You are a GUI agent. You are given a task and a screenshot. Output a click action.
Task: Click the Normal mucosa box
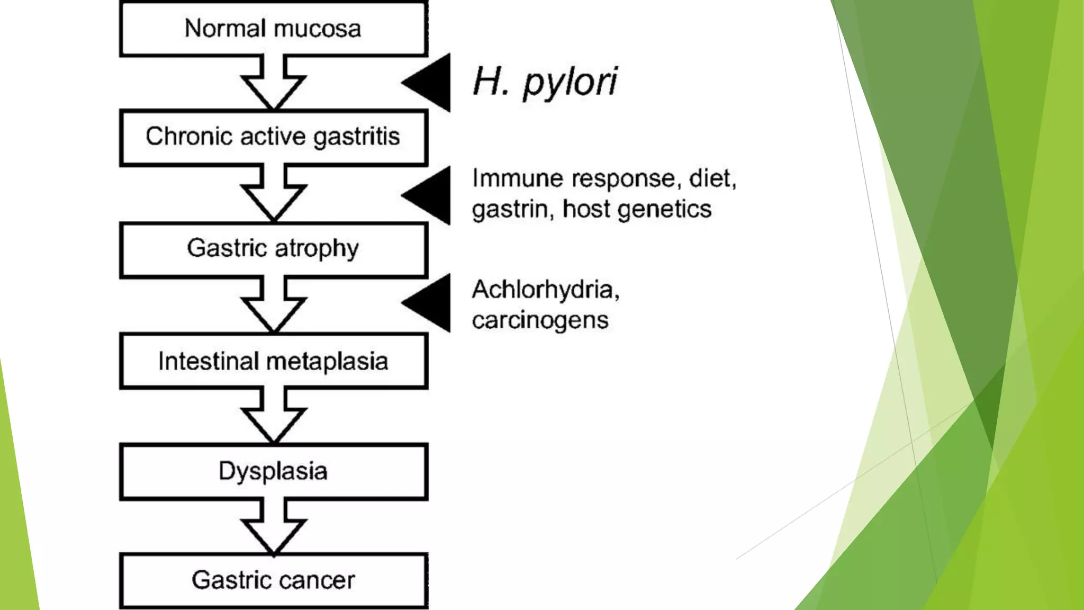pyautogui.click(x=273, y=29)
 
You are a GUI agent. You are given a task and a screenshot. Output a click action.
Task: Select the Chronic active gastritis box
pyautogui.click(x=273, y=137)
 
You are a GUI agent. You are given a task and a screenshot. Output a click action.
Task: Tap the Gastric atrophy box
pyautogui.click(x=273, y=249)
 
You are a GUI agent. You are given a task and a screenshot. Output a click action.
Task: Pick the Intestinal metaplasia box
pyautogui.click(x=273, y=362)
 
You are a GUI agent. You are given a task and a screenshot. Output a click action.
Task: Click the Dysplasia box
pyautogui.click(x=273, y=471)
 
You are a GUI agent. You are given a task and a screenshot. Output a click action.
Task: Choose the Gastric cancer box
pyautogui.click(x=273, y=580)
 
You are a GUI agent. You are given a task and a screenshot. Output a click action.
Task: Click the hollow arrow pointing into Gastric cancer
pyautogui.click(x=273, y=527)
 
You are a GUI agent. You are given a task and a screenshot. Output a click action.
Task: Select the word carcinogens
pyautogui.click(x=540, y=320)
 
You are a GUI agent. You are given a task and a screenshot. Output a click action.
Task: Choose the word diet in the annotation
pyautogui.click(x=712, y=178)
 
